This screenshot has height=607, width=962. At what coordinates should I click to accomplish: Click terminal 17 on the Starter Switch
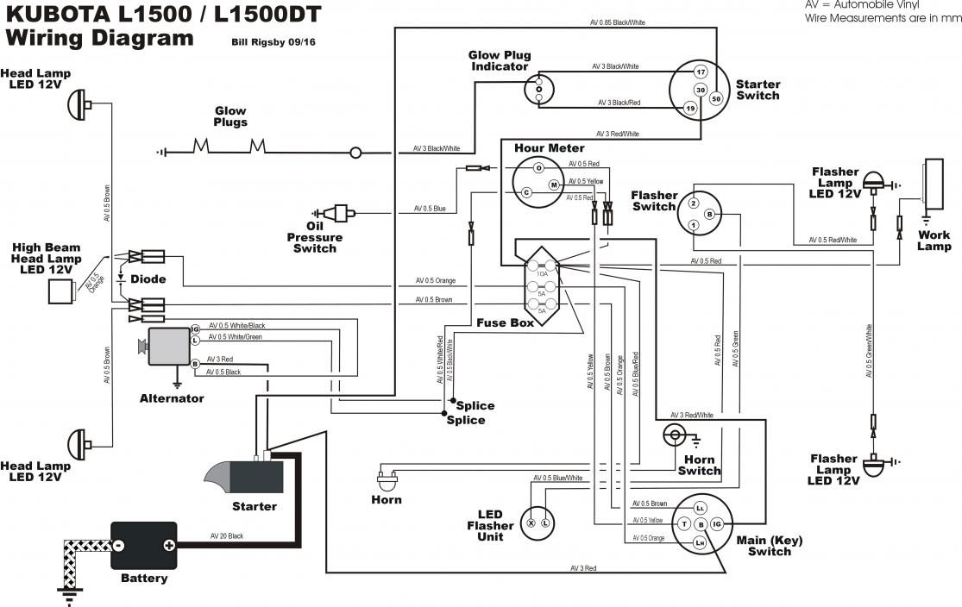[x=701, y=72]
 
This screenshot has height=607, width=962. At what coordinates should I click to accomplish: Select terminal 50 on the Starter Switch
[x=715, y=98]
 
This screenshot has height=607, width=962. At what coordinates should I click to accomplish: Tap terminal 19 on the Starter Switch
[x=689, y=108]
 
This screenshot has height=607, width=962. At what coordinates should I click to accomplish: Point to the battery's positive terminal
[x=168, y=545]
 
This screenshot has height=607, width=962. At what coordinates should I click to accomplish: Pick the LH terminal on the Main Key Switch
[x=701, y=541]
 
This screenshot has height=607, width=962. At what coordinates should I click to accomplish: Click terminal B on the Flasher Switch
[x=709, y=214]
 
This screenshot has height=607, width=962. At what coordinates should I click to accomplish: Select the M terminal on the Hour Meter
[x=554, y=184]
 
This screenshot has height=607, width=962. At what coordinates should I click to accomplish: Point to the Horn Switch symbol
[x=675, y=435]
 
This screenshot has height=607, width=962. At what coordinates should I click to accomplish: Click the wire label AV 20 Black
[x=227, y=536]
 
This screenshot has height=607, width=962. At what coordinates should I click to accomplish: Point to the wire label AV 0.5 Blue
[x=430, y=209]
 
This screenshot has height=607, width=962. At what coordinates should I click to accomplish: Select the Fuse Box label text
[x=505, y=322]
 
